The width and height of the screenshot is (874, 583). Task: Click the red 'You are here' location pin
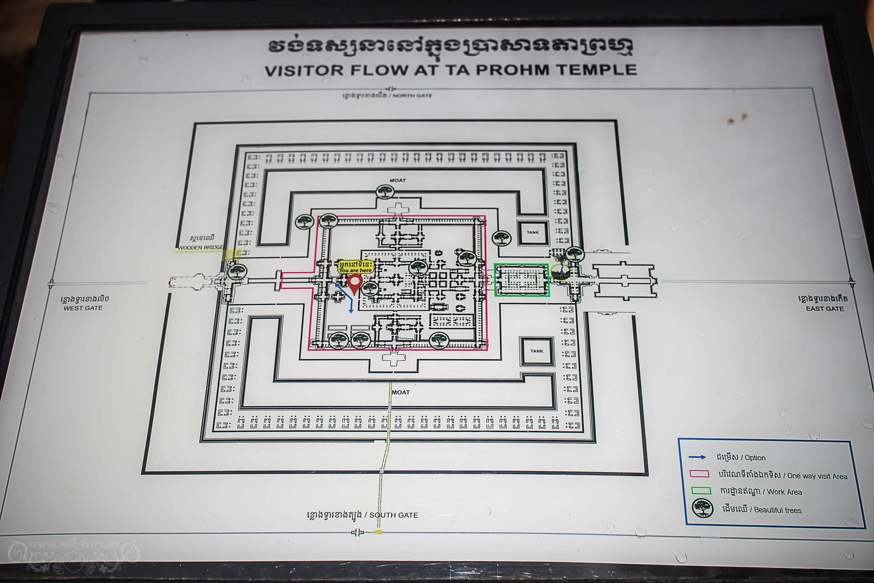[x=355, y=283]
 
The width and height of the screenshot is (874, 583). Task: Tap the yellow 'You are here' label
[x=356, y=267]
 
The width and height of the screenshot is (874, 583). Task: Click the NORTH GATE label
[x=412, y=96]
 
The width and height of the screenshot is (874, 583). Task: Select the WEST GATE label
[x=83, y=308]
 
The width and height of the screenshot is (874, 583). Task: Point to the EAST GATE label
[x=824, y=308]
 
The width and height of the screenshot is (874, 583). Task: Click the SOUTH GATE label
[x=393, y=515]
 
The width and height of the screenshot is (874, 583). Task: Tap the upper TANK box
[x=533, y=232]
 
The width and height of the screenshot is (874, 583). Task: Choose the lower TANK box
[x=537, y=351]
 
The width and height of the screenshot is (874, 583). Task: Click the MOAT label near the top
[x=397, y=180]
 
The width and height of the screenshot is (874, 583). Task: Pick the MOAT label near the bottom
[x=401, y=392]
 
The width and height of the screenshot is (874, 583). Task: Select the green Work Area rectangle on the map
[x=522, y=280]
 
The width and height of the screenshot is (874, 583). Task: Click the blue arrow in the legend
[x=697, y=457]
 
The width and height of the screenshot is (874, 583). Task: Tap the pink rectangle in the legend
[x=699, y=474]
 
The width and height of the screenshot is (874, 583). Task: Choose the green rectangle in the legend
[x=701, y=491]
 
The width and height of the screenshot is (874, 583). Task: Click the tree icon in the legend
[x=702, y=508]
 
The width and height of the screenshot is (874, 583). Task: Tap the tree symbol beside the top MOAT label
[x=385, y=191]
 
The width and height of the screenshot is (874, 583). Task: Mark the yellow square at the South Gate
[x=378, y=532]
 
